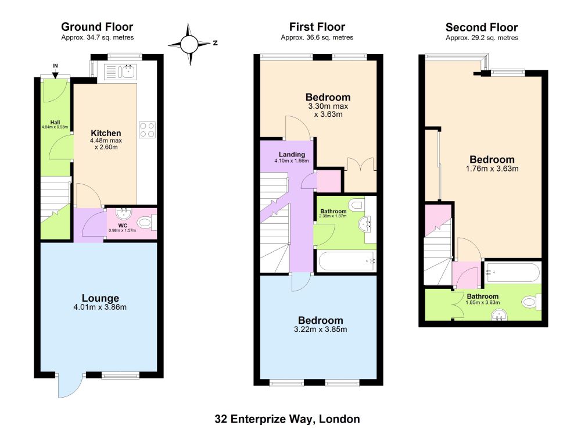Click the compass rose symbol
[x=190, y=45]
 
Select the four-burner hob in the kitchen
[x=147, y=130]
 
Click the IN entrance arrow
[x=55, y=73]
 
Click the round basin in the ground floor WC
[x=123, y=213]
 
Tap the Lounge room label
[x=101, y=298]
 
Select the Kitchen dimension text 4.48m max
[x=106, y=141]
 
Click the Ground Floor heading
[x=97, y=27]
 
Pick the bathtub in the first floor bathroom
[x=346, y=262]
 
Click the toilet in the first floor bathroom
[x=357, y=205]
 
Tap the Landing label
[x=292, y=154]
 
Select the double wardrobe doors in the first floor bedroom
[x=361, y=164]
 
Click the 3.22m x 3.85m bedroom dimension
[x=321, y=329]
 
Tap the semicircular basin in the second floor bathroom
[x=499, y=316]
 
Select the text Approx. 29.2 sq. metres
[x=482, y=38]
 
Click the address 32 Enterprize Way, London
[x=287, y=419]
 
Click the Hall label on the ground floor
[x=55, y=122]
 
